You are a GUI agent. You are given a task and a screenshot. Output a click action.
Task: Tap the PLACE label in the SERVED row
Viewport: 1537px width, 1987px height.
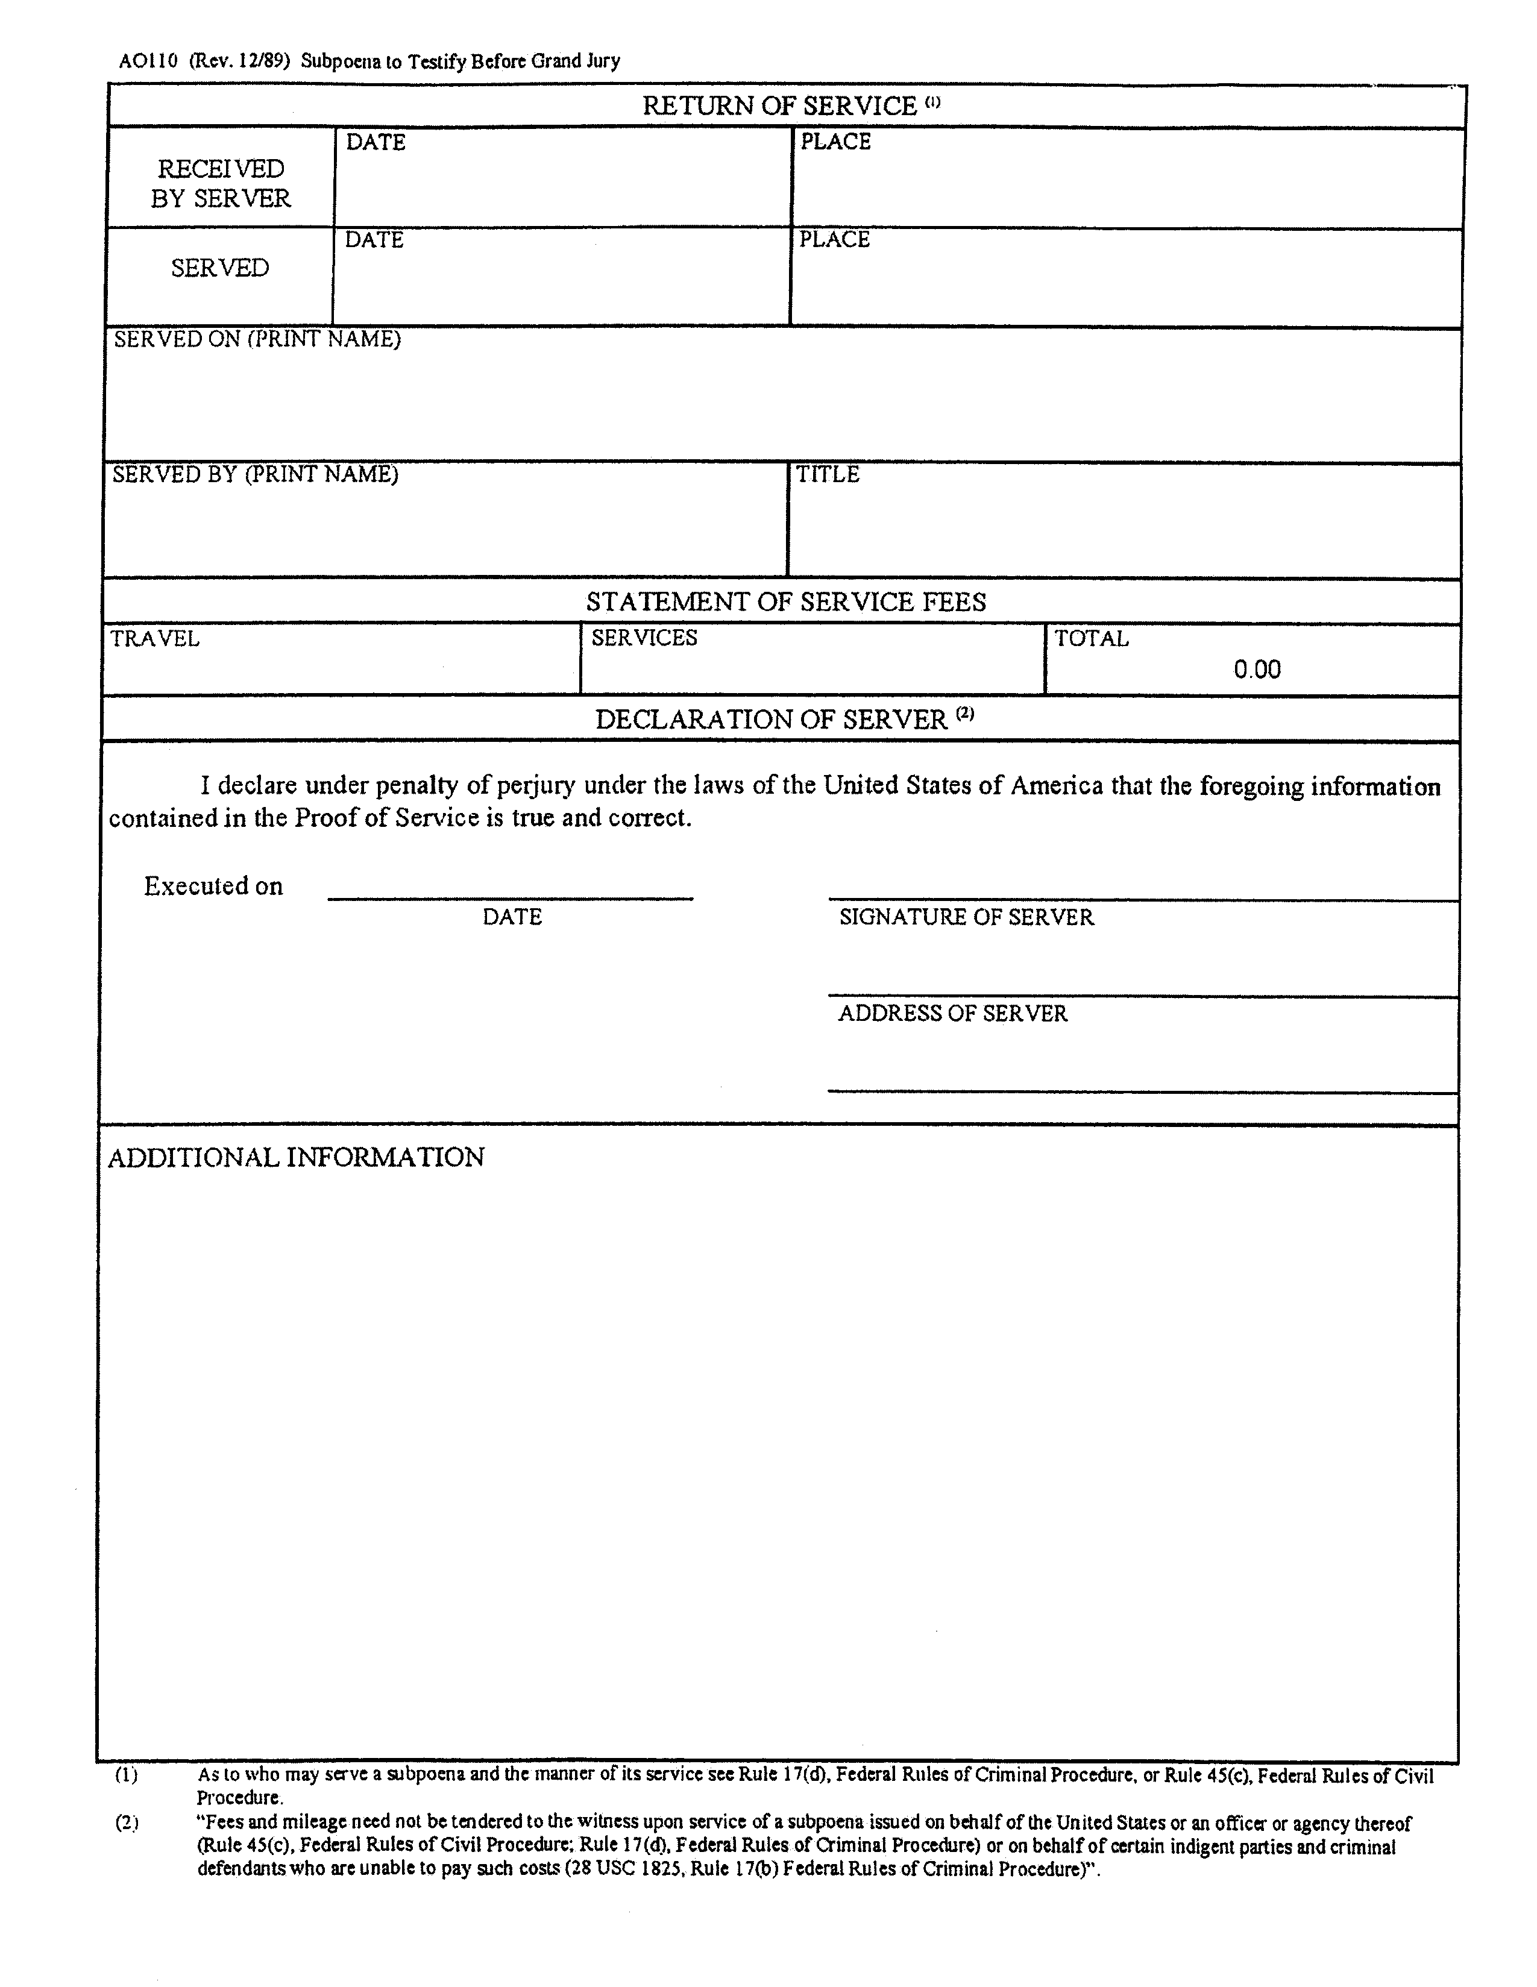834,239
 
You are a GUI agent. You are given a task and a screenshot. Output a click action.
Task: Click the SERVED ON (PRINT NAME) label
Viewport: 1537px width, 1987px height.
257,339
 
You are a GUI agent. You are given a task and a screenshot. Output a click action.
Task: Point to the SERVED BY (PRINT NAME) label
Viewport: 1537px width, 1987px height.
255,474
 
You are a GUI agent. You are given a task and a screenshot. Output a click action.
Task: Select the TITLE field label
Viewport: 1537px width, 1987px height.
827,474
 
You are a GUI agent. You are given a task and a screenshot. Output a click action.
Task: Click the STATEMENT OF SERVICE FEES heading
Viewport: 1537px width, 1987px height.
785,601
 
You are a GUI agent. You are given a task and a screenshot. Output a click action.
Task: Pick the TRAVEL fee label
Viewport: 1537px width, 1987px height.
155,638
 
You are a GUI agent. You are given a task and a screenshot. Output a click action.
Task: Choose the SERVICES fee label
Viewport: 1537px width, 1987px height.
643,638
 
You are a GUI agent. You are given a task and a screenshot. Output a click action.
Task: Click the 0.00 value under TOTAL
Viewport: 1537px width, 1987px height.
1257,670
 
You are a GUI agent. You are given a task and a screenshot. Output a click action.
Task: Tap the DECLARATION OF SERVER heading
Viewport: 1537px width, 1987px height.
771,720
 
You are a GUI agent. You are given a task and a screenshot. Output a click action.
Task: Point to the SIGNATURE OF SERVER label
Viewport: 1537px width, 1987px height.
966,917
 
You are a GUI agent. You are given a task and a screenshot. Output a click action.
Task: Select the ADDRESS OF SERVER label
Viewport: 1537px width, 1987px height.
952,1014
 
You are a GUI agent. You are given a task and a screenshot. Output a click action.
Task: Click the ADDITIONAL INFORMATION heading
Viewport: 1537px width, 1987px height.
296,1157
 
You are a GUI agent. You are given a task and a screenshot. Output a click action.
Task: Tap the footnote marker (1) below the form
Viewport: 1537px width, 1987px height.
125,1774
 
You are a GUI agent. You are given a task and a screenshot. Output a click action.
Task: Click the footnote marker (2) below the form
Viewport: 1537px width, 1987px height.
125,1822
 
